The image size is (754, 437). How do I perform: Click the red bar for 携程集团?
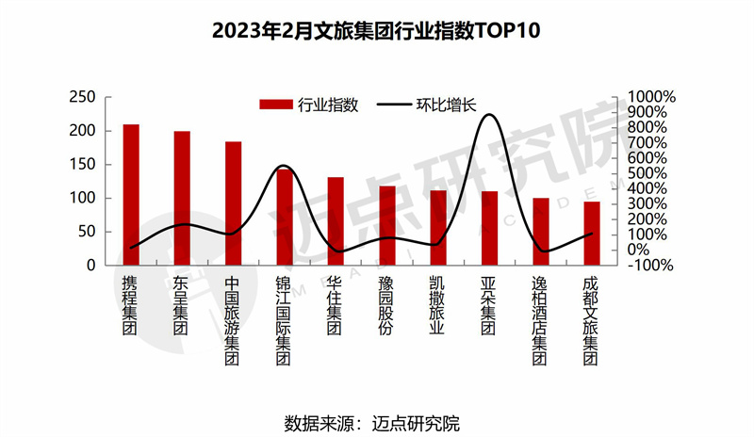[x=131, y=195]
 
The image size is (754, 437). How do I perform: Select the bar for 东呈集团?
[x=182, y=199]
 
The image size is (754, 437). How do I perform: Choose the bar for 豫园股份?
[x=386, y=226]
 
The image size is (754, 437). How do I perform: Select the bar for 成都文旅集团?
[x=591, y=234]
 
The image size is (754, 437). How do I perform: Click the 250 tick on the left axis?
[x=84, y=97]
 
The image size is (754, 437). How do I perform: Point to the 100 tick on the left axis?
[x=84, y=198]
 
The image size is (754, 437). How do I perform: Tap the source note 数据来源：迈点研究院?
[x=377, y=420]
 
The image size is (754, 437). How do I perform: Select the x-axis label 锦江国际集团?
[x=284, y=321]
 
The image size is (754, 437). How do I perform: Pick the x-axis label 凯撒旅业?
[x=437, y=305]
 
